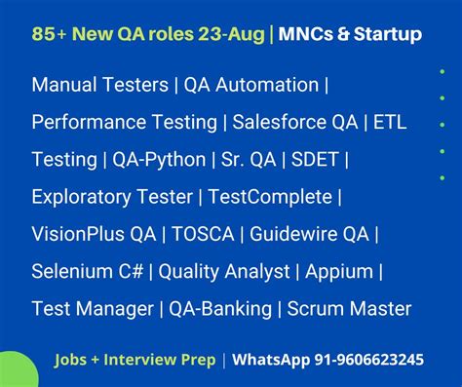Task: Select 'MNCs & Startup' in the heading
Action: click(x=351, y=35)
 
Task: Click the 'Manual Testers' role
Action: click(x=99, y=85)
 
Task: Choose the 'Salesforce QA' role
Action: click(x=299, y=122)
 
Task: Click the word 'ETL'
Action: click(x=391, y=122)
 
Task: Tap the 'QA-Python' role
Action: click(x=160, y=160)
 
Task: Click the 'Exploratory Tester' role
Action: click(x=111, y=197)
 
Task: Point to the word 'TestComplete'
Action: click(x=271, y=197)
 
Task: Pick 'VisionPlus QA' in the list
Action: click(x=93, y=235)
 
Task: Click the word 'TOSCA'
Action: click(x=205, y=235)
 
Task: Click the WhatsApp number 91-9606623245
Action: click(x=355, y=360)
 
